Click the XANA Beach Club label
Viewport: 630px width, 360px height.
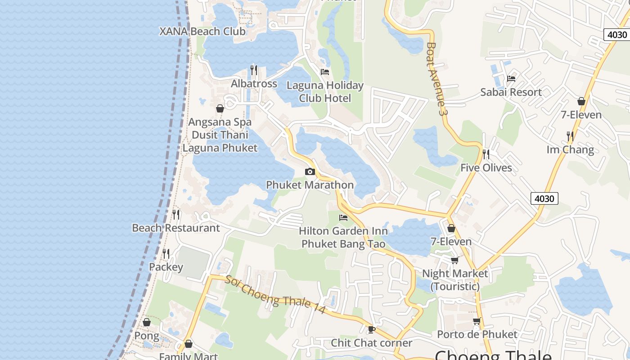pyautogui.click(x=202, y=31)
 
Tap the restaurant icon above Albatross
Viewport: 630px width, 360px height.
pyautogui.click(x=254, y=70)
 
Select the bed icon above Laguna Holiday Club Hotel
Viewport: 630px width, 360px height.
pyautogui.click(x=325, y=72)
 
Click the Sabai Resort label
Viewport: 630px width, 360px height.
pyautogui.click(x=511, y=92)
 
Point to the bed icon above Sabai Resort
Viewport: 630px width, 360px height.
pyautogui.click(x=511, y=78)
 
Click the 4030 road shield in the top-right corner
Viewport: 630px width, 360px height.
pyautogui.click(x=616, y=35)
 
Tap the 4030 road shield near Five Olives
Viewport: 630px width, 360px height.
pyautogui.click(x=544, y=198)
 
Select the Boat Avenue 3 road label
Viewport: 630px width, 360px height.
pyautogui.click(x=436, y=79)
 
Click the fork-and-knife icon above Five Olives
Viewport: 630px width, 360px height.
pyautogui.click(x=486, y=154)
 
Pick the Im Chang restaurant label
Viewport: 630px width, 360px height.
pyautogui.click(x=570, y=149)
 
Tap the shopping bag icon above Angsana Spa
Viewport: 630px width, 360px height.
pyautogui.click(x=220, y=108)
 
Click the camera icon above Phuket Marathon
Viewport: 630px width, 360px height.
pyautogui.click(x=310, y=171)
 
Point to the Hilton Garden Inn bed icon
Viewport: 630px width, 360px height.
pyautogui.click(x=343, y=218)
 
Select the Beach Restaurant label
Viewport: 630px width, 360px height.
pyautogui.click(x=176, y=228)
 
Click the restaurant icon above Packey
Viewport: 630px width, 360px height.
pyautogui.click(x=166, y=254)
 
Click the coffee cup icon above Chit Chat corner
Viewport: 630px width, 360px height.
pyautogui.click(x=372, y=329)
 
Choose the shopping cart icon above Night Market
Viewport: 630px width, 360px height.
pyautogui.click(x=454, y=260)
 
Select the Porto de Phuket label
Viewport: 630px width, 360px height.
pyautogui.click(x=477, y=334)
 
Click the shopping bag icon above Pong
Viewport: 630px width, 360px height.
pyautogui.click(x=147, y=322)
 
